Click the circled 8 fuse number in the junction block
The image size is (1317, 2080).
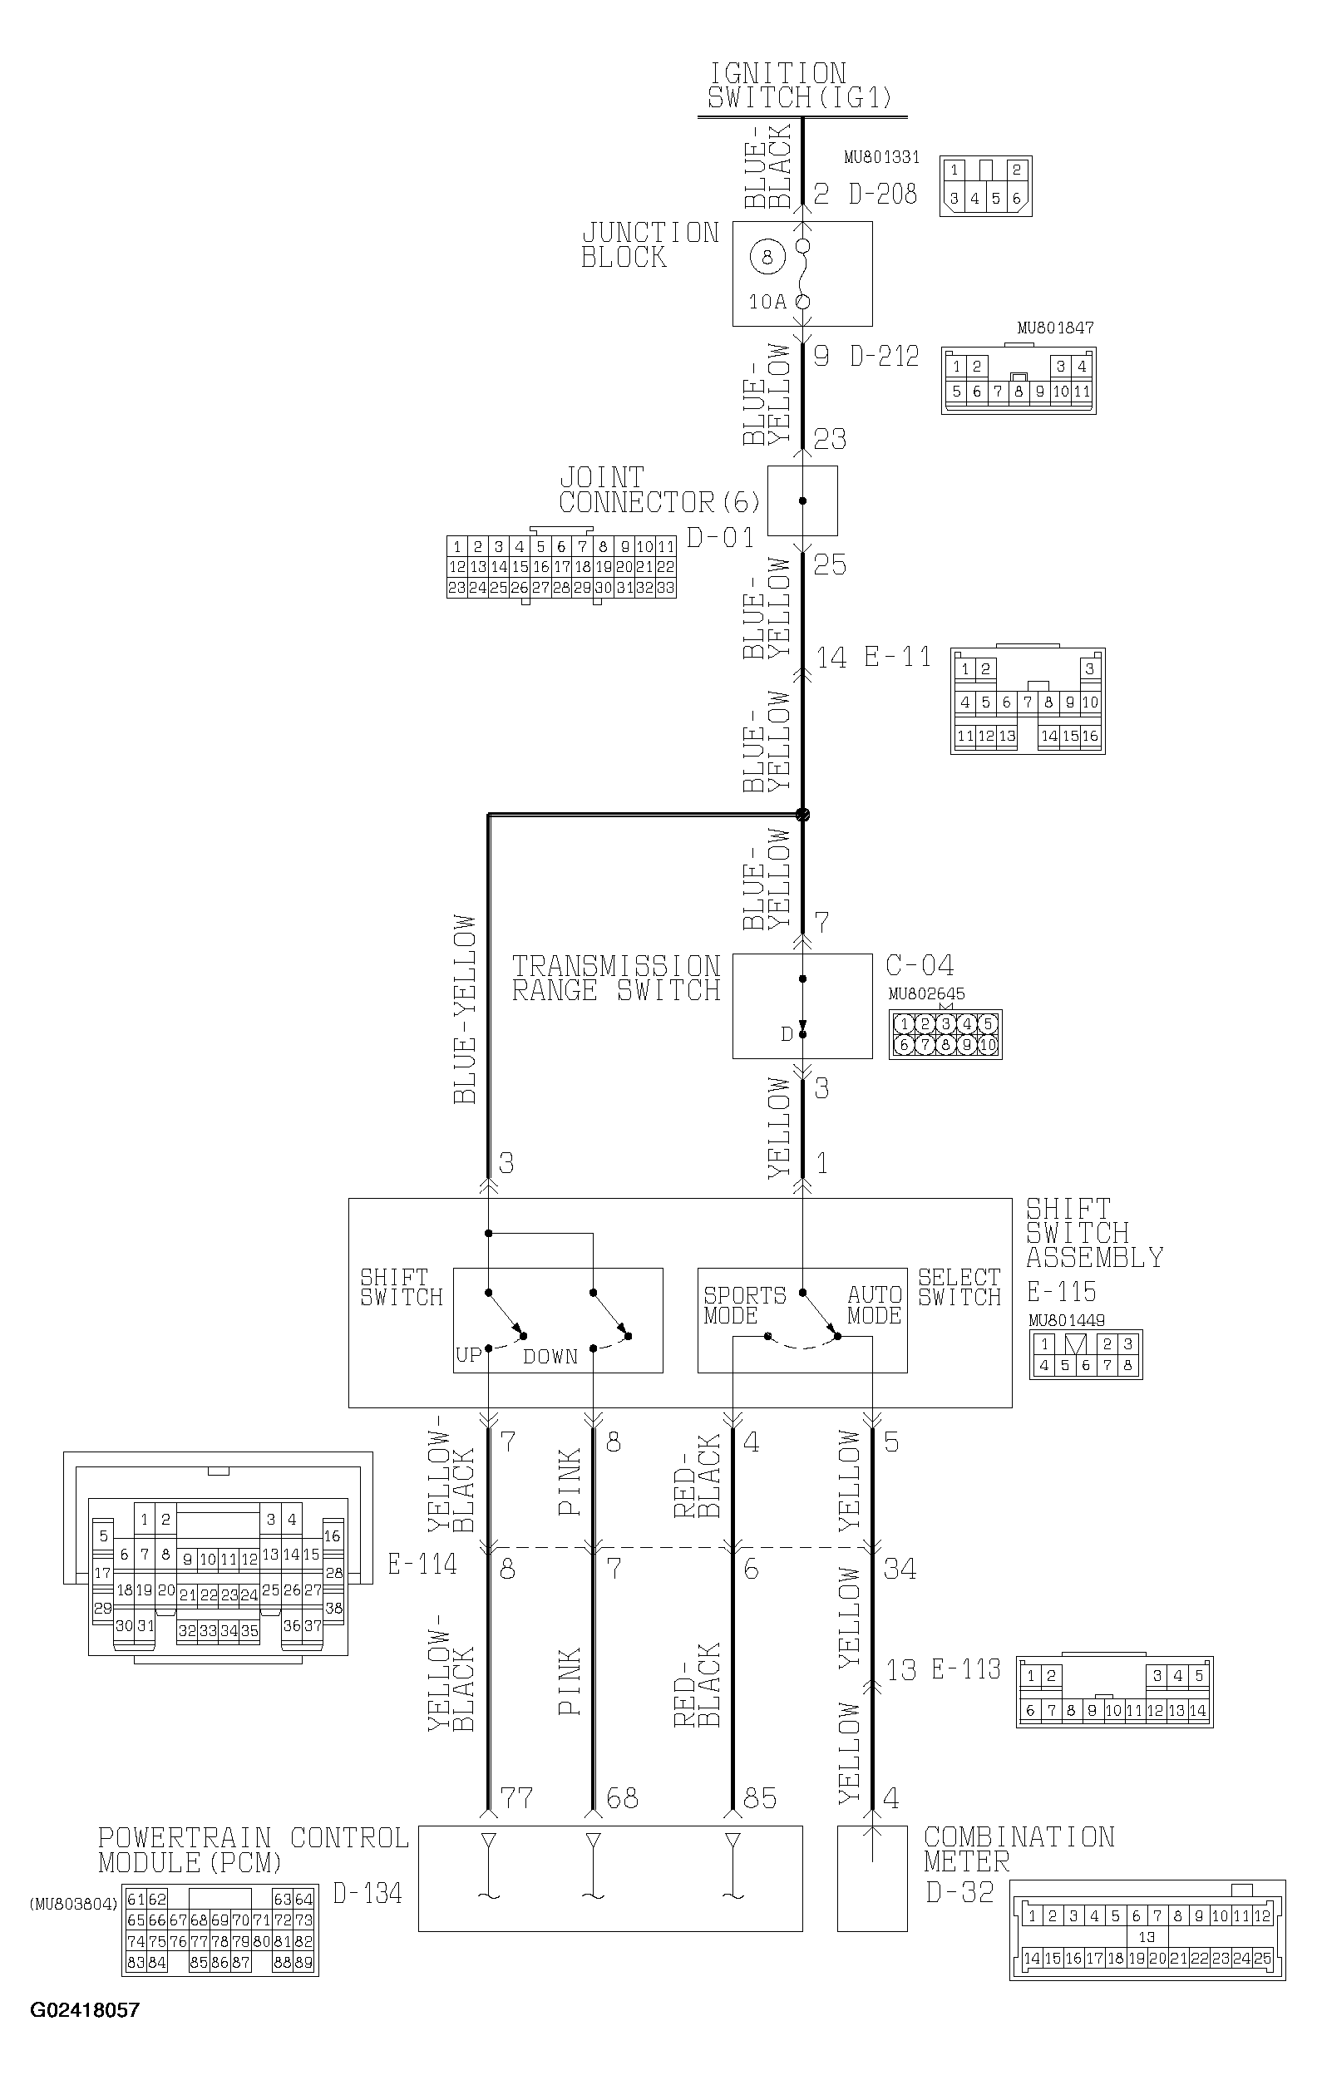coord(767,257)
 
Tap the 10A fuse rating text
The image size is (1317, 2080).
coord(767,302)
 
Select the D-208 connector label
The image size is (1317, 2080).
coord(882,194)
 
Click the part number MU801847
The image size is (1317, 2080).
coord(1054,328)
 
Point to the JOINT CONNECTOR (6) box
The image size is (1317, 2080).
coord(802,501)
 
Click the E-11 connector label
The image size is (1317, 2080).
coord(898,658)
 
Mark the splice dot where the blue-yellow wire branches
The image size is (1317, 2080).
coord(802,814)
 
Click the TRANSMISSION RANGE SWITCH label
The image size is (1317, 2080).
coord(616,978)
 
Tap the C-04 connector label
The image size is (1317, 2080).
coord(920,965)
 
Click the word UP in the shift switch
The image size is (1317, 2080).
coord(468,1354)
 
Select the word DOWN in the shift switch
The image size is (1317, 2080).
coord(550,1356)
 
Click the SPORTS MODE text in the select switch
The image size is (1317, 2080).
coord(744,1305)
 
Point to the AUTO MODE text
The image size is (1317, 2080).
coord(874,1305)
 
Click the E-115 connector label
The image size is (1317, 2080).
coord(1061,1292)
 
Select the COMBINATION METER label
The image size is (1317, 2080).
coord(1018,1849)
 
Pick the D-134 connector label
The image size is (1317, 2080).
coord(367,1894)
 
